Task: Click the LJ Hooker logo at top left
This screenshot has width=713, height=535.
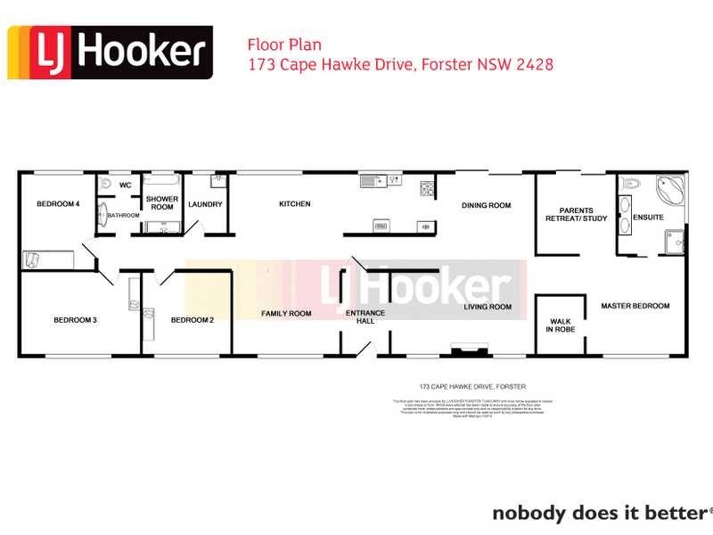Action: [111, 53]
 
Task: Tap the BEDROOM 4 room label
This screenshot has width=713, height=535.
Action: [58, 204]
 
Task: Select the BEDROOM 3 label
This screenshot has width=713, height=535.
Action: [75, 320]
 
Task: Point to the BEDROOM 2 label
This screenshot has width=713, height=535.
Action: [192, 320]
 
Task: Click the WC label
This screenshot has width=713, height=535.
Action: [126, 185]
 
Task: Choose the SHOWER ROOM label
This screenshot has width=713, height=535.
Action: [161, 202]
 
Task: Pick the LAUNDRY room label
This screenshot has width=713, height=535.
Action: [205, 204]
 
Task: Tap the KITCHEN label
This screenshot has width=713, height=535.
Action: [295, 204]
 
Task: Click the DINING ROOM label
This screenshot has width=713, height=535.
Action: [486, 206]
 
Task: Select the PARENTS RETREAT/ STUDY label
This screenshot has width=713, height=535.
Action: [576, 214]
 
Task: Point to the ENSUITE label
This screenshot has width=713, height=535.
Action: [649, 218]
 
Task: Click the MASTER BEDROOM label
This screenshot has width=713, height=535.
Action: [635, 307]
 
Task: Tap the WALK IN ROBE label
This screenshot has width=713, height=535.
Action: [560, 325]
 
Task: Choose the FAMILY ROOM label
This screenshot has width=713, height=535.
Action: [286, 314]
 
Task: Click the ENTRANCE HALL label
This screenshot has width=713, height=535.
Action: [365, 317]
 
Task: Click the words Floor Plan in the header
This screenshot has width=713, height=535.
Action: [283, 45]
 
